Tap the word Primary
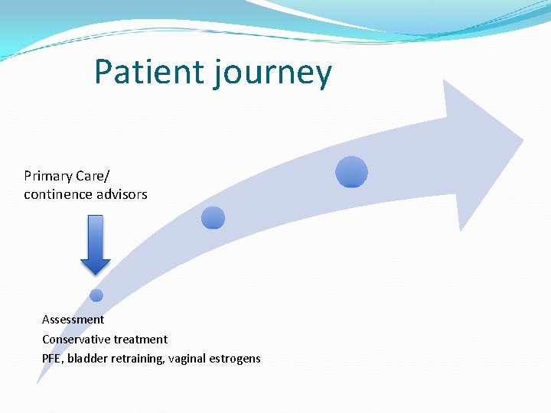point(48,177)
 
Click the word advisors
point(119,194)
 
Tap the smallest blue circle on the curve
point(96,295)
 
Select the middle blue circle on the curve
point(213,218)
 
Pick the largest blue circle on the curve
point(352,172)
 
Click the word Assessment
point(73,320)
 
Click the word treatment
point(140,339)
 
